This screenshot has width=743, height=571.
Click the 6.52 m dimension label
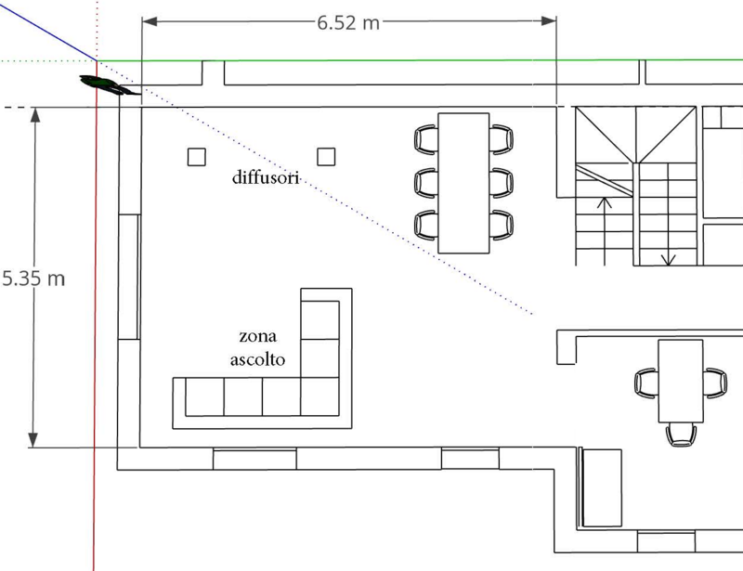click(348, 22)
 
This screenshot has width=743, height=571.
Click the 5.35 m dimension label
click(33, 279)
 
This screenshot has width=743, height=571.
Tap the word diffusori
click(266, 177)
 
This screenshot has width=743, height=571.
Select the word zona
click(258, 336)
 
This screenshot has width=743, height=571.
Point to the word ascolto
click(258, 359)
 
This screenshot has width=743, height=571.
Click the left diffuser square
click(197, 157)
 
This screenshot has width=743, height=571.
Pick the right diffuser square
click(326, 156)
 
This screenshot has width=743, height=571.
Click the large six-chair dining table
click(463, 183)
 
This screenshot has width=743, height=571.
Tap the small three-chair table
click(681, 381)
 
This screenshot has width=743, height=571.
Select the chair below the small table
click(681, 435)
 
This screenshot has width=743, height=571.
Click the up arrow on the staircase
click(605, 231)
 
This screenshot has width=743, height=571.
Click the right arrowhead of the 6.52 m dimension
click(548, 20)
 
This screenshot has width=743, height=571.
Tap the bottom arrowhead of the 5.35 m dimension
click(33, 440)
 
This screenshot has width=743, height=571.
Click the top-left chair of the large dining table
click(426, 139)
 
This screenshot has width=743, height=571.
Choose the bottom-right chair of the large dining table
click(502, 225)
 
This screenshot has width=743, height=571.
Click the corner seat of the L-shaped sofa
click(319, 396)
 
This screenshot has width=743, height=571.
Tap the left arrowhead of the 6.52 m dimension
click(150, 21)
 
